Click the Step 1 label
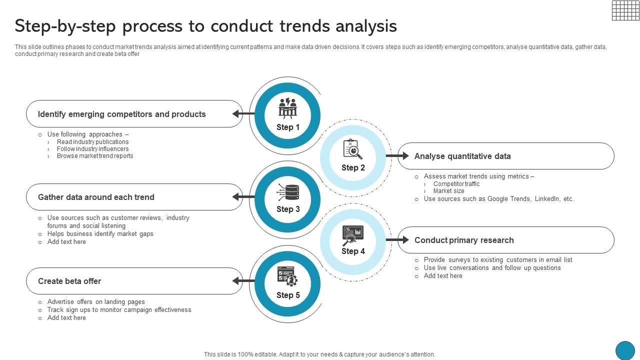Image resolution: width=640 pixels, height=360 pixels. tap(288, 127)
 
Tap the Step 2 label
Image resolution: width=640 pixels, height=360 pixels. tap(353, 168)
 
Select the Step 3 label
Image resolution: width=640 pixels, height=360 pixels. tap(288, 209)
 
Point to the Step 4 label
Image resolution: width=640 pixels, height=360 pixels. tap(353, 251)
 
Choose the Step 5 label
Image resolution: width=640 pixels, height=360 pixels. tap(288, 295)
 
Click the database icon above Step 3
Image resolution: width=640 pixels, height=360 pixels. tap(288, 192)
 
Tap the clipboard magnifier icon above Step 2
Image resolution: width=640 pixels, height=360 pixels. tap(352, 149)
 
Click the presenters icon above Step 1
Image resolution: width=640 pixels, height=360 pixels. tap(287, 107)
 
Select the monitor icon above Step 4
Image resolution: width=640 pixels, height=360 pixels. tap(352, 234)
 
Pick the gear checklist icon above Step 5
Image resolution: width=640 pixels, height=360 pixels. tap(287, 276)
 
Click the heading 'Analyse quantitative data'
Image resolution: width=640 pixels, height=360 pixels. tap(462, 156)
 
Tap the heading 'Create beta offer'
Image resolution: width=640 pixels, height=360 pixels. tap(69, 281)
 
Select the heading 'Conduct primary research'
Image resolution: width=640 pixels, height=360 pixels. tap(464, 240)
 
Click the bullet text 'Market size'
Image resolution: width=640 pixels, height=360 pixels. tap(448, 191)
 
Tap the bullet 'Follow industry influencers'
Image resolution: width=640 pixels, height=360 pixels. tap(92, 149)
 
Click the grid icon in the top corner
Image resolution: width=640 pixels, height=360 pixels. tap(625, 10)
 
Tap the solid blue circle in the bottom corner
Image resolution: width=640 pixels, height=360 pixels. tap(624, 350)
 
